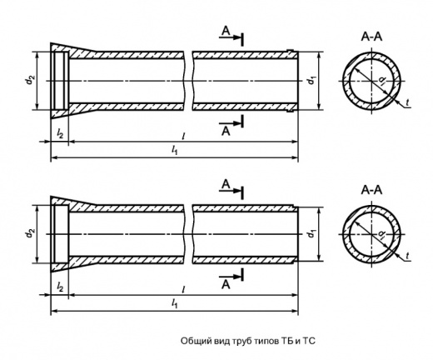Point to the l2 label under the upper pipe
pos(60,134)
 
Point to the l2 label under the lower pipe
pos(60,287)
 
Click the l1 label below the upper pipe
pos(174,151)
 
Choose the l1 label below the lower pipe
pos(174,304)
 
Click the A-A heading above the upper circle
pos(371,37)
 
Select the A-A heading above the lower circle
pos(371,190)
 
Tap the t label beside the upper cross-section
pos(407,102)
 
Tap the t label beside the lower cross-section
pos(407,256)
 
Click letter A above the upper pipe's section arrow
pos(226,31)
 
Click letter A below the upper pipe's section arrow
pos(226,131)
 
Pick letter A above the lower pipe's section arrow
pos(226,184)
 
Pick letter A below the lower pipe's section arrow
pos(226,285)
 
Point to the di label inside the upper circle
pos(382,81)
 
